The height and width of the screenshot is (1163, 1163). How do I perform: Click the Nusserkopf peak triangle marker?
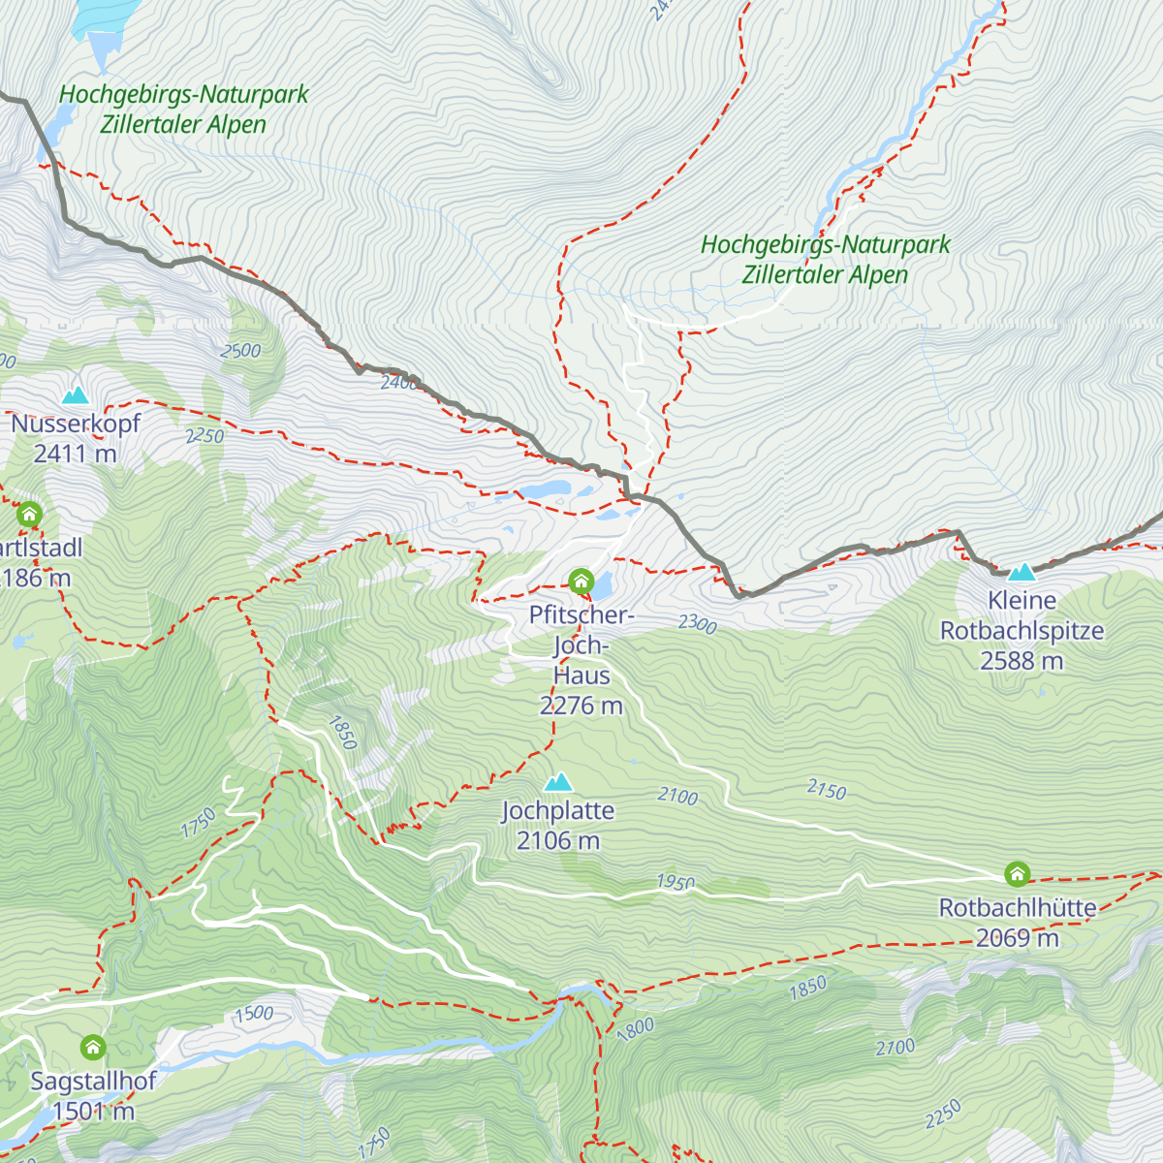tap(75, 395)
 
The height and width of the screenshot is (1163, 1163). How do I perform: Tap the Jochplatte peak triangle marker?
tap(557, 782)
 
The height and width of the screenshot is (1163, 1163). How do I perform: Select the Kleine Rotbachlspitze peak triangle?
tap(1022, 573)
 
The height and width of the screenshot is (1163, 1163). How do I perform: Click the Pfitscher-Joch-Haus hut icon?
tap(581, 581)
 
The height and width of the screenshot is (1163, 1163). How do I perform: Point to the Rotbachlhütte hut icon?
tap(1017, 874)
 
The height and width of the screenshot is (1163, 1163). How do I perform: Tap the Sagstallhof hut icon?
tap(93, 1048)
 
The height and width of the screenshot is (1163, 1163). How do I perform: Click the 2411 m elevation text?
tap(75, 454)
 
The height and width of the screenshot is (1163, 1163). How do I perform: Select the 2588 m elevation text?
tap(1022, 661)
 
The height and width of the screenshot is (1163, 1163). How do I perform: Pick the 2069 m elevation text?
tap(1017, 938)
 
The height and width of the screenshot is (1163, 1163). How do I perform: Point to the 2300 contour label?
tap(697, 624)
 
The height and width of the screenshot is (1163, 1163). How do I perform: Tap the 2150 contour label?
tap(826, 791)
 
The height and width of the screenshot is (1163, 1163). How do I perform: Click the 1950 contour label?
tap(675, 883)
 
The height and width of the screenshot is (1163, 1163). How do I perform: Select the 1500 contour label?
tap(253, 1014)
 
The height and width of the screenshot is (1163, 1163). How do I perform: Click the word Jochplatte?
tap(557, 811)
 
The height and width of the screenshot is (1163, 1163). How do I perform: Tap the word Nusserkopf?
tap(75, 424)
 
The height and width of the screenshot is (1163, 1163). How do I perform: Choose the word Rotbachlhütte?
tap(1017, 909)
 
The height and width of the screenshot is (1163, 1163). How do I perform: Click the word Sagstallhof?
tap(93, 1082)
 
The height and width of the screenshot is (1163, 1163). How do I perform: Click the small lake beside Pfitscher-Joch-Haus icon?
tap(602, 585)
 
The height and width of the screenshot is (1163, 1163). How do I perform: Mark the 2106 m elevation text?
tap(557, 840)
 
